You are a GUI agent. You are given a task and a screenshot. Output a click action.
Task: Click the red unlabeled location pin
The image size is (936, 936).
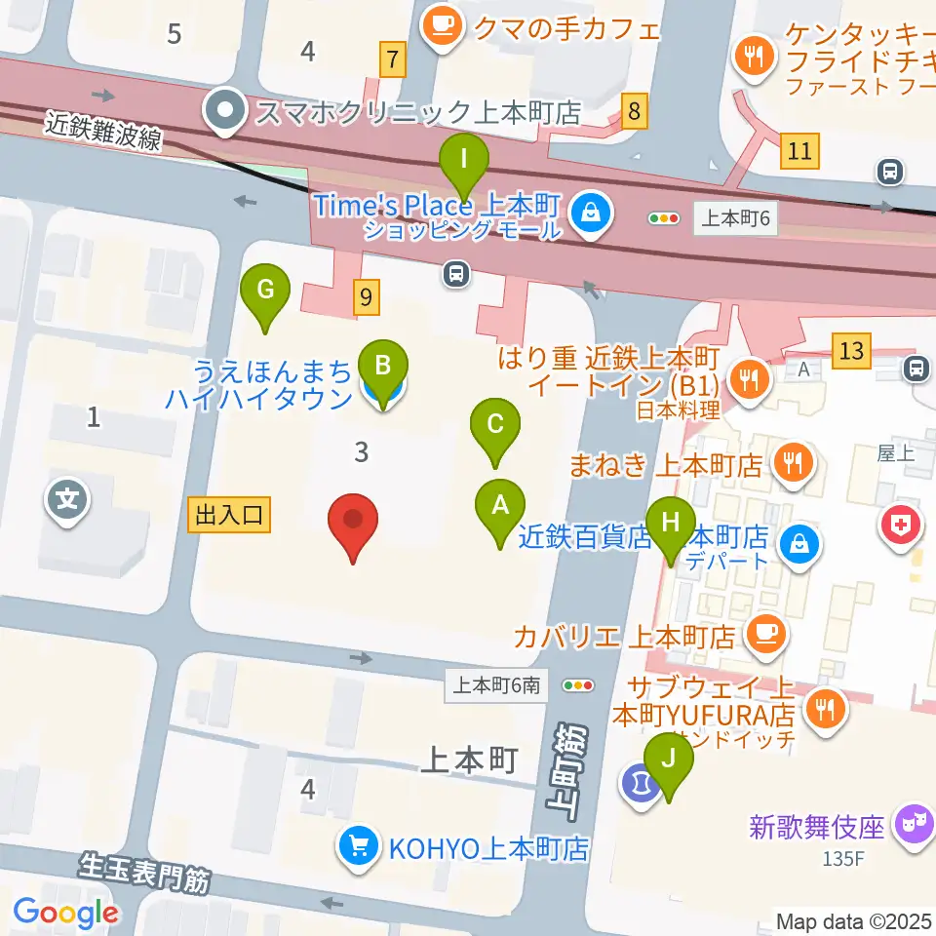coord(353,525)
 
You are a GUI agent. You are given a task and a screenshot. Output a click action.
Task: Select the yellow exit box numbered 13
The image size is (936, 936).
coord(851,350)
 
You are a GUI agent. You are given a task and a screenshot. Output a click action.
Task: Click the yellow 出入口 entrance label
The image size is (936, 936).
coord(229,516)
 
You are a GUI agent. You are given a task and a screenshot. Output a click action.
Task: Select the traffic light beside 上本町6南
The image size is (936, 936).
coord(579,685)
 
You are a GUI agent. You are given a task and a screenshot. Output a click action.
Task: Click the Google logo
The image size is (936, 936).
coord(65,913)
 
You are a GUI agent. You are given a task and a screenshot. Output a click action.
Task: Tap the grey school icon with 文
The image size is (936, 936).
coord(67,502)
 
